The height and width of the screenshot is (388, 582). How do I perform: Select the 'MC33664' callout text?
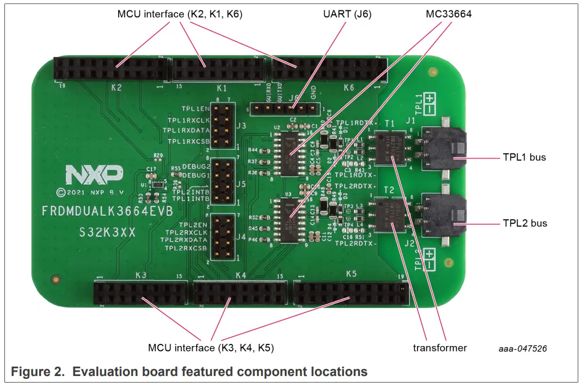448,14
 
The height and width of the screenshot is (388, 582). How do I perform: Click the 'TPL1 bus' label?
524,157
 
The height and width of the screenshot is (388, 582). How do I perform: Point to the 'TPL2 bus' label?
524,223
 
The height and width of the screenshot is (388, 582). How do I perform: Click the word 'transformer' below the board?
440,348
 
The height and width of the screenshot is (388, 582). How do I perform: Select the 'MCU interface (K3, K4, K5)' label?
211,348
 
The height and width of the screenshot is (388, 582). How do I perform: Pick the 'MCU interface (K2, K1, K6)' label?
180,14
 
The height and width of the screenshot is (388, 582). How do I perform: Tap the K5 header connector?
351,293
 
